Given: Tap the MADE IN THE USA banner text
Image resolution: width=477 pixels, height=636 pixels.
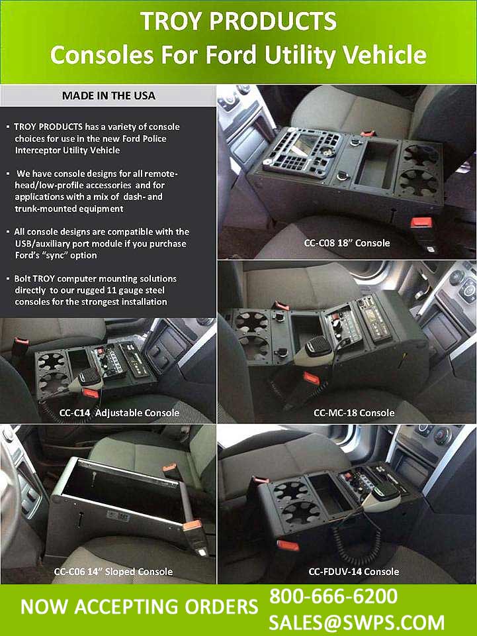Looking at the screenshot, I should (x=108, y=95).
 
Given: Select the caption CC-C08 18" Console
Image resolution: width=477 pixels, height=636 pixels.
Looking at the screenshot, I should (x=347, y=242).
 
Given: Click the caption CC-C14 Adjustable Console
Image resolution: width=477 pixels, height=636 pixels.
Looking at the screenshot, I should (x=119, y=413).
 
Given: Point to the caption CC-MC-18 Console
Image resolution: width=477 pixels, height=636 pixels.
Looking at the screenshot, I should (x=354, y=413).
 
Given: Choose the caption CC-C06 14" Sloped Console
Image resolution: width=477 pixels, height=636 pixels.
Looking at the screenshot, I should (x=113, y=571).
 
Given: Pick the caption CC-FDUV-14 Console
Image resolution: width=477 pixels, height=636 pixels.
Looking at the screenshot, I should (x=354, y=571).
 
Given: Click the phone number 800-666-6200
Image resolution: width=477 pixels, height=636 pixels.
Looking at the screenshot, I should (x=333, y=596).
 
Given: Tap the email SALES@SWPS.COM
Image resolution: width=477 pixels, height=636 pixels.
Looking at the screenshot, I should (x=357, y=622).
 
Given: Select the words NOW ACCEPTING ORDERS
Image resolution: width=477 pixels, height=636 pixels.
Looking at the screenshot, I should (x=139, y=607).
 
